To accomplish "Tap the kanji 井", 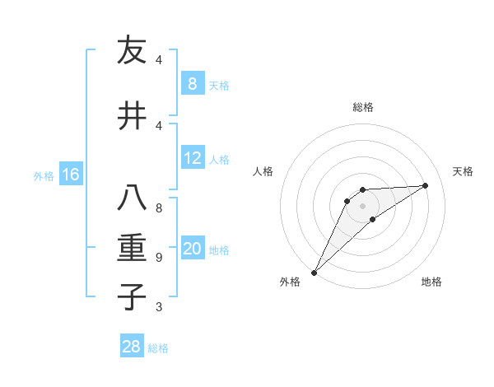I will (132, 115).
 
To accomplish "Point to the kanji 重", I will (132, 248).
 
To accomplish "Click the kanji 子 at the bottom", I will (132, 296).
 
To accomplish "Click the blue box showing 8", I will (192, 83).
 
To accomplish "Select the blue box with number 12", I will (192, 158).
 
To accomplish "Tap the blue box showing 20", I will (192, 249).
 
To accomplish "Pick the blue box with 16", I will (71, 174).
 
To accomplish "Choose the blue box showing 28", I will (132, 347).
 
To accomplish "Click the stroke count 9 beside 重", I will (158, 258).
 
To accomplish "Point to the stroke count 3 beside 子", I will (158, 307).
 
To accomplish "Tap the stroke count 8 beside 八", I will (158, 208).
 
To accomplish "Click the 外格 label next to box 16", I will (43, 175).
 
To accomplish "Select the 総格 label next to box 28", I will (158, 348).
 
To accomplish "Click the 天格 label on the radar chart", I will (464, 171).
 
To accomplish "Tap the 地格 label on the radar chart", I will (431, 282).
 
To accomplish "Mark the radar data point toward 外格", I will (314, 272).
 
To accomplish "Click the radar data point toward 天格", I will (426, 185).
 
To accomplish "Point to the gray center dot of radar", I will (362, 205).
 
